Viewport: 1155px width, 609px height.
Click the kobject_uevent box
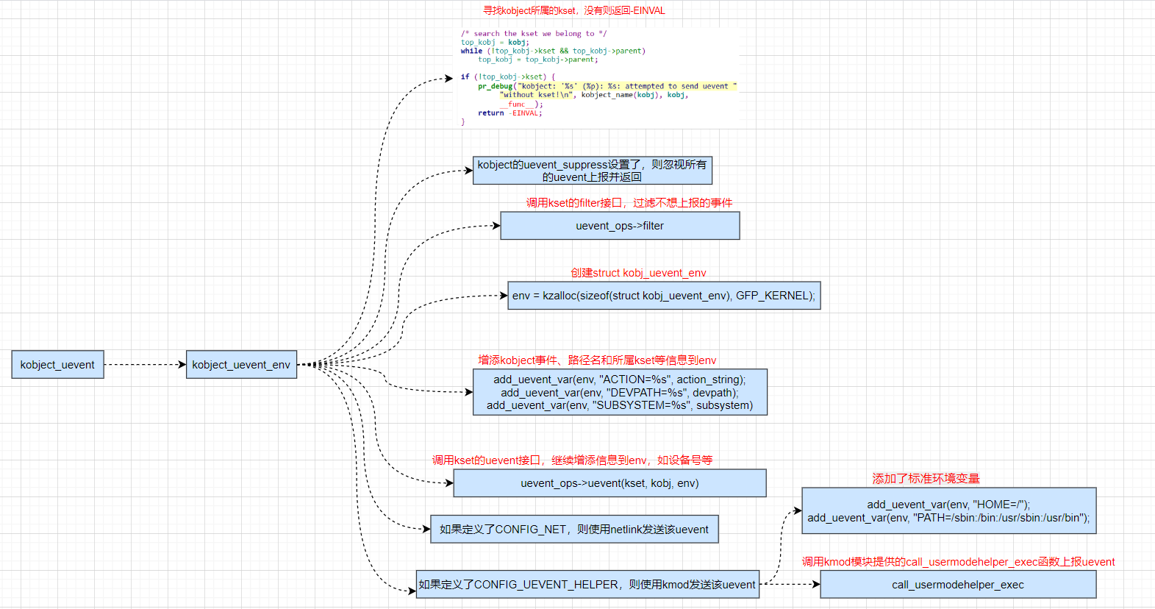click(x=57, y=365)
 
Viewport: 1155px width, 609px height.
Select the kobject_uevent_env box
click(x=241, y=365)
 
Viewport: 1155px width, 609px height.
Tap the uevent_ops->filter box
click(x=620, y=226)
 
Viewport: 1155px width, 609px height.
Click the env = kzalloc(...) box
click(x=664, y=296)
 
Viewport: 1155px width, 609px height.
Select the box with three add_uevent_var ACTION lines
click(x=620, y=392)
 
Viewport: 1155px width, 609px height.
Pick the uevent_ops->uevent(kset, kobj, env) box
click(x=609, y=483)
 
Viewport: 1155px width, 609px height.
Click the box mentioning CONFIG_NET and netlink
click(x=573, y=530)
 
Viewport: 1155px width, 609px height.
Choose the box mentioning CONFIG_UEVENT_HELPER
click(x=587, y=585)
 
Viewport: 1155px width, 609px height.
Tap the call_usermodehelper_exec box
click(x=957, y=585)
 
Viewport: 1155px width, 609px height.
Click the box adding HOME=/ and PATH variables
click(x=948, y=510)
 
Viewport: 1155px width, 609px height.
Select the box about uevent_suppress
click(x=592, y=171)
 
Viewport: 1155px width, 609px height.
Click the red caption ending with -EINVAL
click(x=573, y=10)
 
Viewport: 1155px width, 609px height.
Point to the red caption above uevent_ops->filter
click(x=629, y=203)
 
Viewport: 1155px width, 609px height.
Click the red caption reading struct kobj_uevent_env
click(x=638, y=273)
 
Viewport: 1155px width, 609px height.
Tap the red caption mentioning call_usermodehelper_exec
click(x=957, y=562)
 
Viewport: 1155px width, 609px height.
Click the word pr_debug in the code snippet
click(x=495, y=86)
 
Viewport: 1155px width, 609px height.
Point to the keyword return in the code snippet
click(x=490, y=113)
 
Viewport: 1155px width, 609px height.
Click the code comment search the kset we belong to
click(x=534, y=34)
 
